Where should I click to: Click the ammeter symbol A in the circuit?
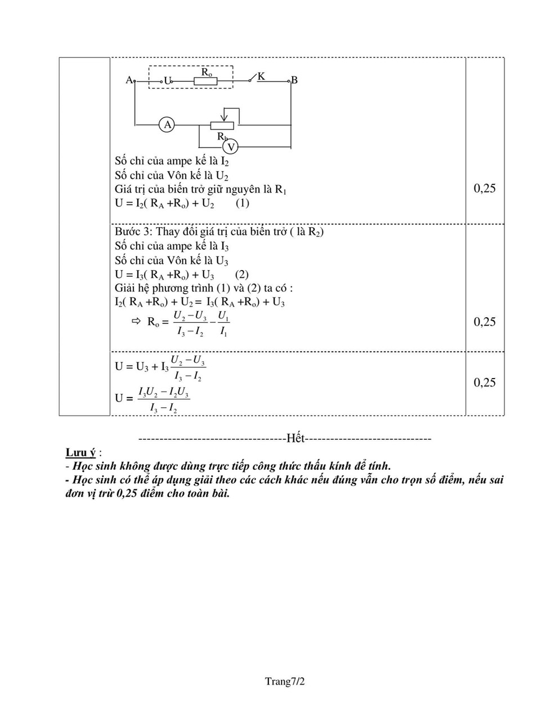tap(167, 124)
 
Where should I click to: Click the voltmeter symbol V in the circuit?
tap(230, 147)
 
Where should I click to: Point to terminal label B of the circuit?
tap(294, 80)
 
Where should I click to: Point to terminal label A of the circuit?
tap(129, 80)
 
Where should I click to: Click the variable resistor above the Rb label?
tap(224, 125)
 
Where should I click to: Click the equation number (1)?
tap(242, 203)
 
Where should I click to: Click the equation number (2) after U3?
tap(242, 274)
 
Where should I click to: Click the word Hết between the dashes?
tap(295, 438)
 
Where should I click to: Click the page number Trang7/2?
tap(285, 682)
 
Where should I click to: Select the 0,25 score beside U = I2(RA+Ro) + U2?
tap(485, 188)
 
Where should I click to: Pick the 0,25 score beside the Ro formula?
tap(485, 322)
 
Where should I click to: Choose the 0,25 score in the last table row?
tap(485, 382)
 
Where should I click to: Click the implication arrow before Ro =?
tap(135, 322)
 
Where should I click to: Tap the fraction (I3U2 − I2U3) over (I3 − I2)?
tap(164, 399)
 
